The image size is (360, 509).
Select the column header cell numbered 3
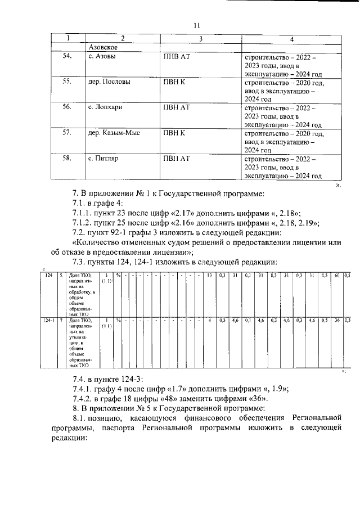(x=200, y=38)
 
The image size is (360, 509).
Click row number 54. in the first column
(x=67, y=56)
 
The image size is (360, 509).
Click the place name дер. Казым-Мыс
(x=114, y=133)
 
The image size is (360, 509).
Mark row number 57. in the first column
(x=67, y=133)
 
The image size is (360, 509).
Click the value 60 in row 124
(x=336, y=275)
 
